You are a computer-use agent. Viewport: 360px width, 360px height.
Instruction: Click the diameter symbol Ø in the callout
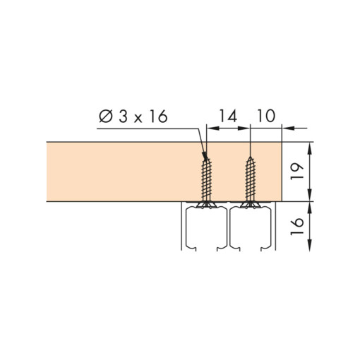(106, 117)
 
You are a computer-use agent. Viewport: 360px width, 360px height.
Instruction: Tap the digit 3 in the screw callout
(124, 116)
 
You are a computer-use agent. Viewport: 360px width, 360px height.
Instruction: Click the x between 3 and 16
(138, 119)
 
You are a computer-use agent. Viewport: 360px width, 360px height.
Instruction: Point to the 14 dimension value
(228, 116)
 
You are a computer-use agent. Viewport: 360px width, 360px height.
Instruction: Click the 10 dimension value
(266, 116)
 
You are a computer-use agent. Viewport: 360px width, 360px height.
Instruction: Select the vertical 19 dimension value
(297, 172)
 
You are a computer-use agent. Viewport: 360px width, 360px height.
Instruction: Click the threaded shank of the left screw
(206, 180)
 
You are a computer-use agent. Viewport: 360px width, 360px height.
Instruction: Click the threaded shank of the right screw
(250, 180)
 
